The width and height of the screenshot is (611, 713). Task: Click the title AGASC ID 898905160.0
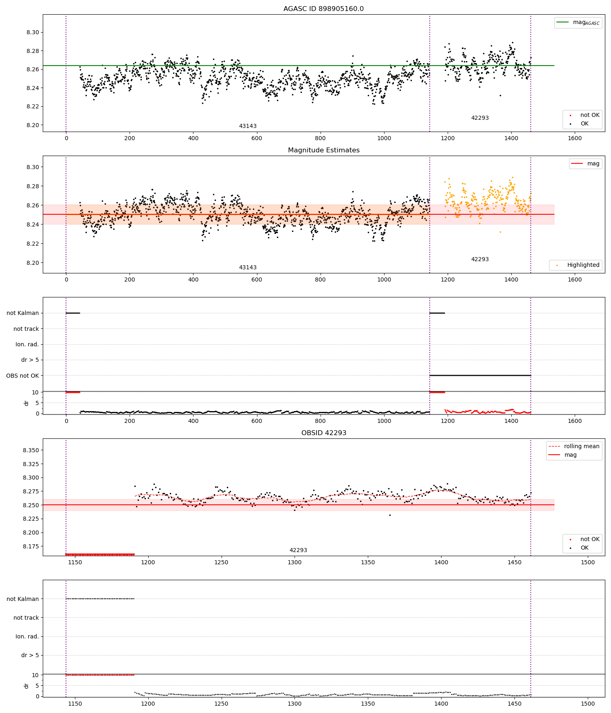coord(323,9)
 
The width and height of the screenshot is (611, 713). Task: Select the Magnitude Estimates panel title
coord(323,150)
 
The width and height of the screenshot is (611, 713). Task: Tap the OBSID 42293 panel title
coord(323,433)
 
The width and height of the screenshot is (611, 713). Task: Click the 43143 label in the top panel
coord(248,126)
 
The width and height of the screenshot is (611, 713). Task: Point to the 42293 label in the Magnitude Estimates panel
coord(480,260)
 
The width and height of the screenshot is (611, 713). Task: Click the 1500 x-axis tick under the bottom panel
coord(588,704)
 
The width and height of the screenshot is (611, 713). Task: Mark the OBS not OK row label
coord(22,376)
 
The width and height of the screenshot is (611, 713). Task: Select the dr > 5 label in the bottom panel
coord(30,655)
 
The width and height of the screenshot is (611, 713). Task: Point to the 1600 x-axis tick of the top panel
coord(575,138)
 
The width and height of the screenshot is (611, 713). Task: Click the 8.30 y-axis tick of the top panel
coord(33,33)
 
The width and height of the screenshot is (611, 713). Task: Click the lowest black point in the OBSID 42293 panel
coord(390,515)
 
